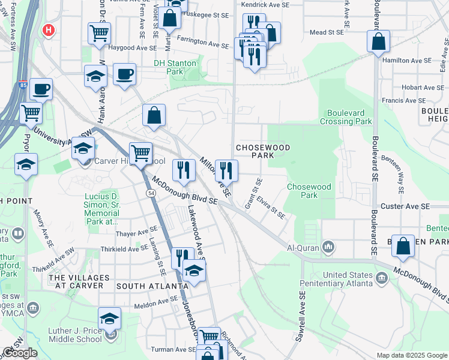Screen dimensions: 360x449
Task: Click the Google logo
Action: [20, 353]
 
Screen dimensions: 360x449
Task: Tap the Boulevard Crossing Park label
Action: [349, 117]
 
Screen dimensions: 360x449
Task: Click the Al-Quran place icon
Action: [328, 247]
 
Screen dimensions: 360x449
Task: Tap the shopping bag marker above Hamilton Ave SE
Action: [378, 42]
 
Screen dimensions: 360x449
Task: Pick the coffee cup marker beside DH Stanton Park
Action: [124, 74]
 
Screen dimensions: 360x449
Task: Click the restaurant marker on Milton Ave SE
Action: [226, 170]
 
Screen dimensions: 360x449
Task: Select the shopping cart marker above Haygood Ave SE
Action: [99, 34]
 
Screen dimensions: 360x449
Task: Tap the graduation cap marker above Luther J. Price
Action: [110, 319]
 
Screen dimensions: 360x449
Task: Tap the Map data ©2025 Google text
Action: [411, 355]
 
